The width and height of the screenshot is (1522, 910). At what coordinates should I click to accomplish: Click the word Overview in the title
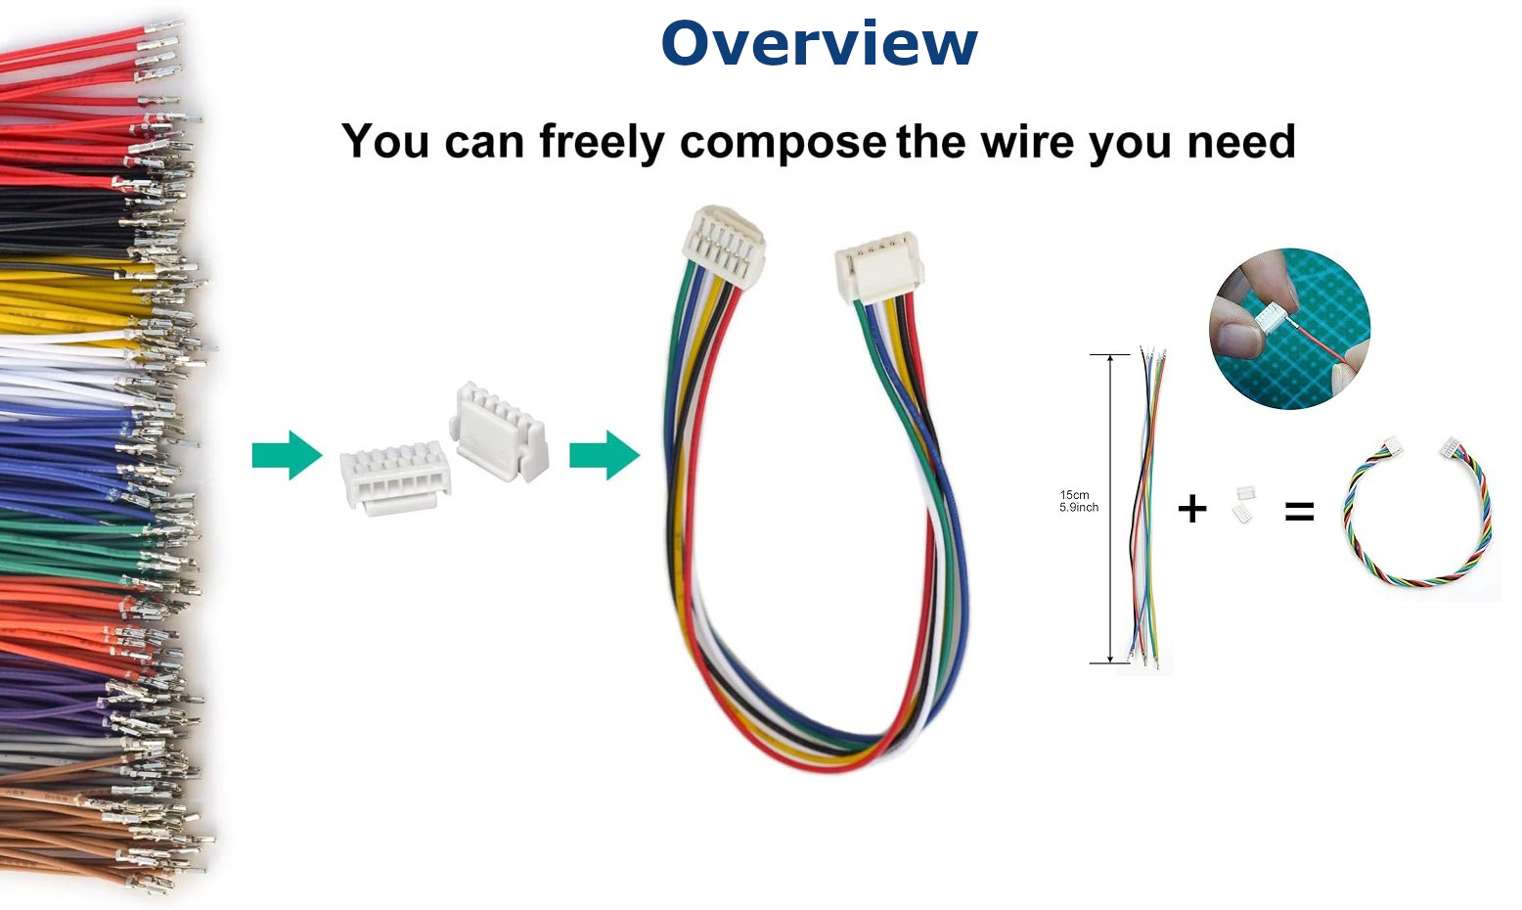click(x=819, y=44)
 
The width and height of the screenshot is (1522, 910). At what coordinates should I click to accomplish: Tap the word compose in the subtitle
click(x=783, y=143)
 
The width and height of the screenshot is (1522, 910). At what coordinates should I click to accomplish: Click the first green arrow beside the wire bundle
click(x=287, y=455)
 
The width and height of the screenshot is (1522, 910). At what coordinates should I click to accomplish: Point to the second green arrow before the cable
click(x=604, y=455)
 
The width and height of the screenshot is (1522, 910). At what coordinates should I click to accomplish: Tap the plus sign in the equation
click(x=1191, y=509)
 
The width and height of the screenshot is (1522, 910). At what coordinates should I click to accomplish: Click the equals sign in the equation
click(x=1299, y=510)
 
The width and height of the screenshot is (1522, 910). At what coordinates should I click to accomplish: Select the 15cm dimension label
click(x=1074, y=495)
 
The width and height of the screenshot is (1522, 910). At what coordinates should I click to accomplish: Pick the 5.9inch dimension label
click(x=1079, y=508)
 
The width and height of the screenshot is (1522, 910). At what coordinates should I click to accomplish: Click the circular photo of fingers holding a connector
click(x=1289, y=328)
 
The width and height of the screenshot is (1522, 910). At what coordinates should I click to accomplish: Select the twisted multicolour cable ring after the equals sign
click(x=1418, y=514)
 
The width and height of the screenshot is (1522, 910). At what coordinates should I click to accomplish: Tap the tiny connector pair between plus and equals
click(x=1244, y=504)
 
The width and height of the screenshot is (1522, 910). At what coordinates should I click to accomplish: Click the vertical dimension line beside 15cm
click(x=1110, y=509)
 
